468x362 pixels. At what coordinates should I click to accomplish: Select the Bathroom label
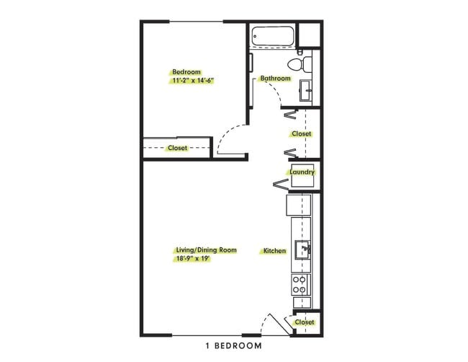[x=275, y=79]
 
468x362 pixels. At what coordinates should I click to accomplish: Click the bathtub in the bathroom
[x=273, y=36]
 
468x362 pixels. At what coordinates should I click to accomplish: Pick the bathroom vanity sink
[x=306, y=90]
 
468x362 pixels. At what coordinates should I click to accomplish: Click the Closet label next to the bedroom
[x=177, y=148]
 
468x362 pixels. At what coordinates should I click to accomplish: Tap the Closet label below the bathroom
[x=301, y=134]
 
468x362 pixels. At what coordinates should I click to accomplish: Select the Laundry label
[x=301, y=173]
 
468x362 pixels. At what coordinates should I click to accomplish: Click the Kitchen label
[x=275, y=251]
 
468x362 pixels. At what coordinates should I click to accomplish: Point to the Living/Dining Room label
[x=206, y=250]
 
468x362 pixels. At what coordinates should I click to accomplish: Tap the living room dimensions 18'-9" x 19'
[x=192, y=259]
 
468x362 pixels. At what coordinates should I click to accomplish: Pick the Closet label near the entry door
[x=305, y=322]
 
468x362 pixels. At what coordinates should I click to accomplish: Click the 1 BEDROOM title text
[x=233, y=346]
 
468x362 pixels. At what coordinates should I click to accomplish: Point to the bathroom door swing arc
[x=274, y=90]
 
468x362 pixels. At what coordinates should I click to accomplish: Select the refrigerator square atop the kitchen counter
[x=299, y=205]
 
